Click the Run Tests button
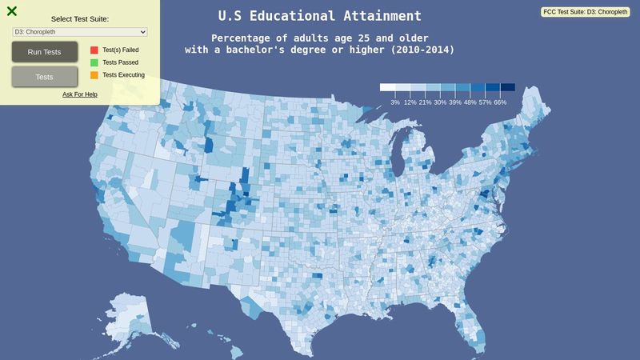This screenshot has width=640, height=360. pos(45,52)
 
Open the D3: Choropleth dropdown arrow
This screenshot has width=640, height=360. pos(143,32)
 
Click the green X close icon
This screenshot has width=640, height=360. pos(12,11)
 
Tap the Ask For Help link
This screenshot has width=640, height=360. pos(80,94)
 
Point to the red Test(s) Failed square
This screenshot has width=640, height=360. pos(94,50)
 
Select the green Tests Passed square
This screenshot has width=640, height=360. pos(94,62)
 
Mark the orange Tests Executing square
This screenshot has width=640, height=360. pos(94,75)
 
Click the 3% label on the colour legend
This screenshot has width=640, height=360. pos(395,102)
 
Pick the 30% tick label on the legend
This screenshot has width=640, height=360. pos(440,102)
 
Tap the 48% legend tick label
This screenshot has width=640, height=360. pos(470,102)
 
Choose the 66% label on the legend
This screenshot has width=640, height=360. pos(500,102)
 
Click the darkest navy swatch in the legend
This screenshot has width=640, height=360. pos(507,88)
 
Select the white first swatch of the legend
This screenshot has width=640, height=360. pos(387,88)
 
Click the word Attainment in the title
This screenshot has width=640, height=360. pos(381,16)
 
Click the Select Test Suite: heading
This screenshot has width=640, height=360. pos(80,18)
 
